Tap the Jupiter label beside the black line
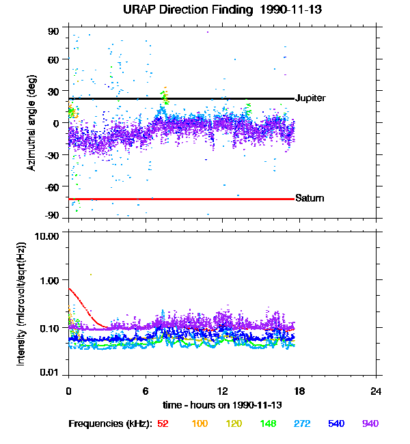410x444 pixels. point(310,98)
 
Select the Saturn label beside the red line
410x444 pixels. point(309,199)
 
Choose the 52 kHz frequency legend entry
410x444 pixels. point(163,424)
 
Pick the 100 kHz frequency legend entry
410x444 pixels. point(199,424)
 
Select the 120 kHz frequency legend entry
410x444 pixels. point(234,424)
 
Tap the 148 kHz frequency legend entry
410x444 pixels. point(269,424)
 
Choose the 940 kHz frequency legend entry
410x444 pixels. point(371,424)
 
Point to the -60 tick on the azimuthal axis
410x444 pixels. point(53,186)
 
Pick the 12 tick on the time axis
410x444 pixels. point(222,391)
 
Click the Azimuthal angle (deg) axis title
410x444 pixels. point(31,124)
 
